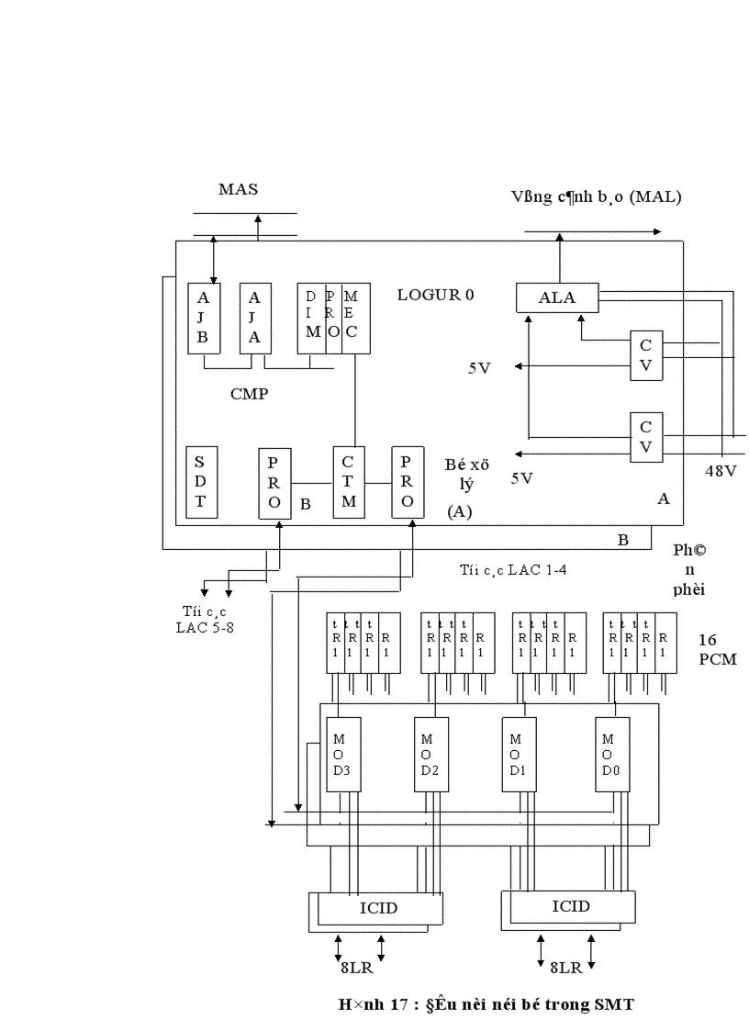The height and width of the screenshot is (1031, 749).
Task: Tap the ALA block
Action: point(556,297)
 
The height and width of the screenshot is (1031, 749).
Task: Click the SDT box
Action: point(200,482)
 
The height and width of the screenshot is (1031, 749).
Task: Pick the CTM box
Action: point(349,482)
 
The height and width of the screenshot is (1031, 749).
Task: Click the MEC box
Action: point(355,319)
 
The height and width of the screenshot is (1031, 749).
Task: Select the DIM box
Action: point(312,319)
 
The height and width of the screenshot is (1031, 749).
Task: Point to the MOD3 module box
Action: point(341,754)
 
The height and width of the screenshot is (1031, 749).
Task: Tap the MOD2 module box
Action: point(430,754)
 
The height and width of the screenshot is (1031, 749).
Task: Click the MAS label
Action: point(238,189)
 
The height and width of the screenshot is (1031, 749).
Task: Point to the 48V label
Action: point(721,470)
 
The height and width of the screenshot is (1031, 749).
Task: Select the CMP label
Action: point(248,394)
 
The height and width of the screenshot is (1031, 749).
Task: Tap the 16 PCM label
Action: point(717,649)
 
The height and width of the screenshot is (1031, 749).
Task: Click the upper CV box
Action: point(645,354)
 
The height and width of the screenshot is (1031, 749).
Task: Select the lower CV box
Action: point(645,436)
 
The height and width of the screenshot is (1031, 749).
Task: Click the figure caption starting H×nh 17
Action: point(486,1004)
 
